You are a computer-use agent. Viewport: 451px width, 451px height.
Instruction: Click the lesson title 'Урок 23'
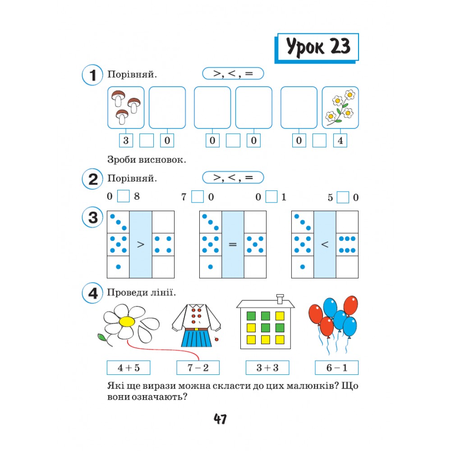[x=318, y=46]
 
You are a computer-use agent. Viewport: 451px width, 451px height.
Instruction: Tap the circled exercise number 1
[x=92, y=75]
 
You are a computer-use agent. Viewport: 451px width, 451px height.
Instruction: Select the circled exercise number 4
[x=92, y=293]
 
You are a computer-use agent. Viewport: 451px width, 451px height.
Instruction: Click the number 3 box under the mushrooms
[x=126, y=140]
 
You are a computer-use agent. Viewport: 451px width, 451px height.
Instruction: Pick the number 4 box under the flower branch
[x=340, y=140]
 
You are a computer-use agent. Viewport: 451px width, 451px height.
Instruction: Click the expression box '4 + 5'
[x=129, y=368]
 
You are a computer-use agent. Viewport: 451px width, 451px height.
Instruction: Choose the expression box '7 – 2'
[x=198, y=368]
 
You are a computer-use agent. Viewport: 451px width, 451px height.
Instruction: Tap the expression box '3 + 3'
[x=267, y=368]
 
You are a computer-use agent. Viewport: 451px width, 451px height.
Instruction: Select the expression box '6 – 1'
[x=337, y=368]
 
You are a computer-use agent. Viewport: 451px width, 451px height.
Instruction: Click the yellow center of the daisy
[x=127, y=322]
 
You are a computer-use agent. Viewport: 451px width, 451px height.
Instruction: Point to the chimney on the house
[x=280, y=299]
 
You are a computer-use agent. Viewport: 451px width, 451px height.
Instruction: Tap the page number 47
[x=220, y=419]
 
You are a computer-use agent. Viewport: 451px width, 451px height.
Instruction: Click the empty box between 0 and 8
[x=124, y=196]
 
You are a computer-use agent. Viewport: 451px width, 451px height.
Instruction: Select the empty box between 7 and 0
[x=198, y=197]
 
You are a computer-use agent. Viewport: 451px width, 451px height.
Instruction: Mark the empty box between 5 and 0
[x=343, y=198]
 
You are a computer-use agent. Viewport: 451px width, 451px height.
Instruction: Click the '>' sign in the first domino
[x=141, y=244]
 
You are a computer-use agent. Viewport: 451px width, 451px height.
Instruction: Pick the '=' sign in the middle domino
[x=233, y=244]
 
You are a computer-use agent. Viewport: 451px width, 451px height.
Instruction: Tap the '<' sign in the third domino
[x=325, y=244]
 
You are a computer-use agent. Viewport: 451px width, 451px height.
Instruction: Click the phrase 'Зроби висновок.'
[x=147, y=159]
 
